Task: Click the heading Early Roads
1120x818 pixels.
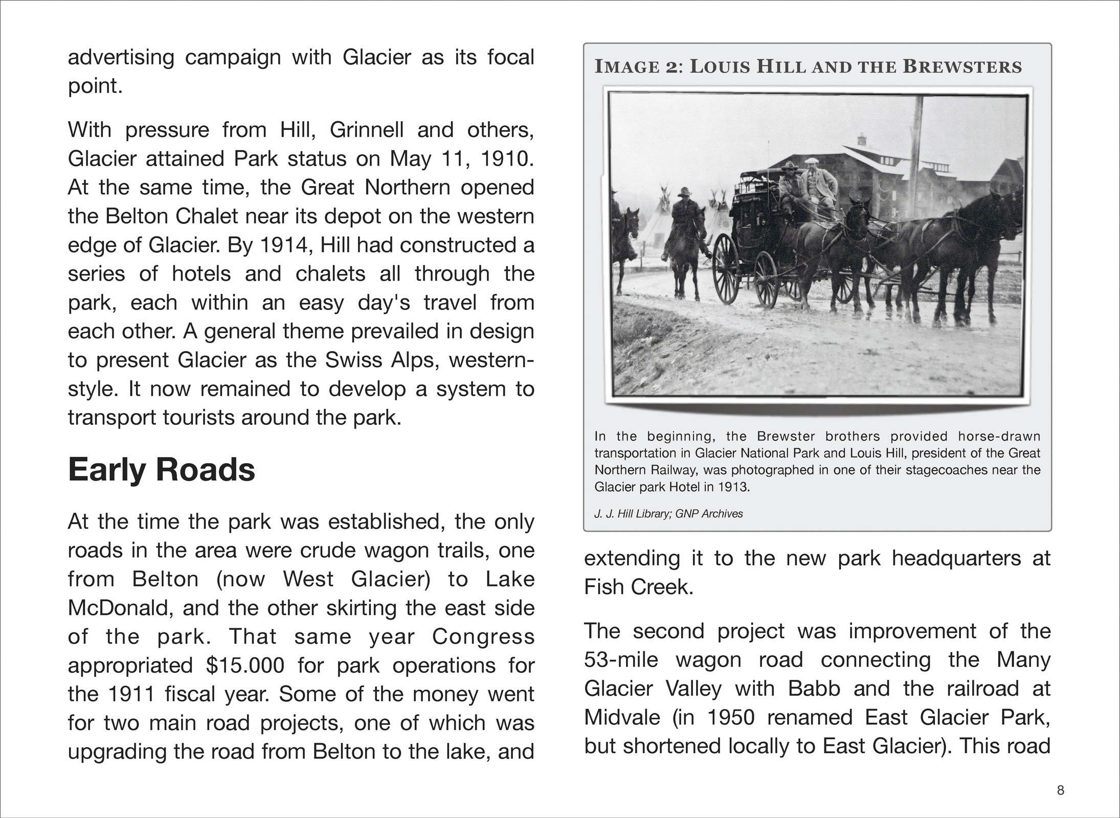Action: click(161, 470)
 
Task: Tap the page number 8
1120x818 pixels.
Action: click(1060, 790)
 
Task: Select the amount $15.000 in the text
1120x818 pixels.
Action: click(245, 666)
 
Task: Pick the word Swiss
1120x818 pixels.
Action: click(353, 360)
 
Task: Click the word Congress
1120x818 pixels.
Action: click(483, 637)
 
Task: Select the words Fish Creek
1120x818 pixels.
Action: click(638, 587)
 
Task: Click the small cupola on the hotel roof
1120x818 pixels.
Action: click(862, 139)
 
